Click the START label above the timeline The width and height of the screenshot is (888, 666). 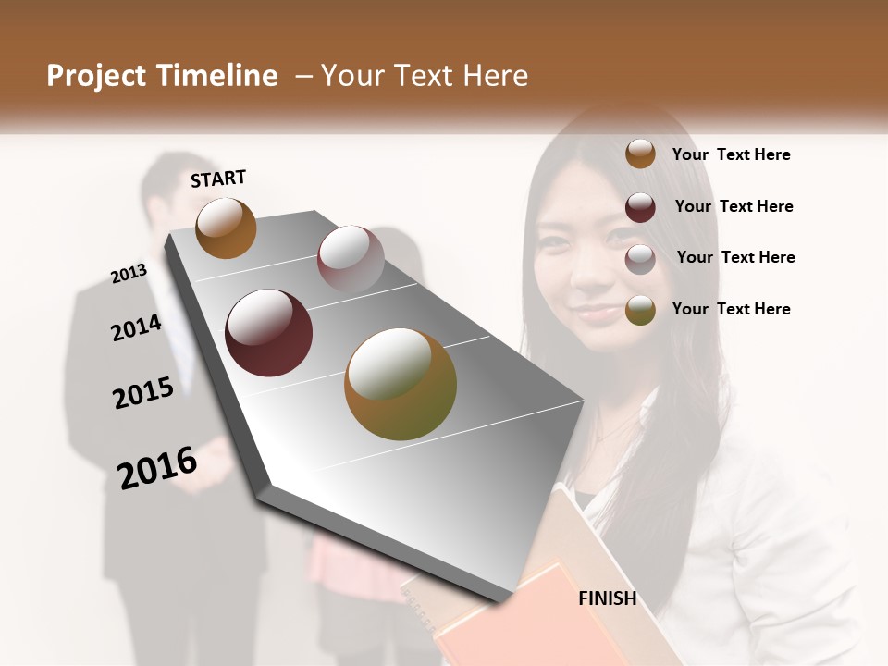click(218, 179)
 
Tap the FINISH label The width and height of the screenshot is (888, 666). click(608, 598)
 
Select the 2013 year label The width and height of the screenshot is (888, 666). click(129, 273)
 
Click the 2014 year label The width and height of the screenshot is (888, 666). click(136, 327)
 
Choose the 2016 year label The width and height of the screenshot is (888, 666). click(157, 467)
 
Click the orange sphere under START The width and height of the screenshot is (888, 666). click(226, 228)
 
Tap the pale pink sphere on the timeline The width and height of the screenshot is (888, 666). click(351, 258)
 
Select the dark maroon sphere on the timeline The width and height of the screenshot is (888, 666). click(268, 333)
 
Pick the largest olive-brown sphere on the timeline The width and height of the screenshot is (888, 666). click(401, 384)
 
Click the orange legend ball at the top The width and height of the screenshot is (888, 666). click(640, 154)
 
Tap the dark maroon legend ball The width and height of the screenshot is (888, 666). click(640, 207)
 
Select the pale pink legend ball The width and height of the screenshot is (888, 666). click(640, 259)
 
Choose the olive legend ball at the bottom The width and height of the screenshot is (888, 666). click(640, 310)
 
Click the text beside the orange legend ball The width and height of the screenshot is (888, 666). click(731, 155)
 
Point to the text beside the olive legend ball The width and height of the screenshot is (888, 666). click(731, 309)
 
